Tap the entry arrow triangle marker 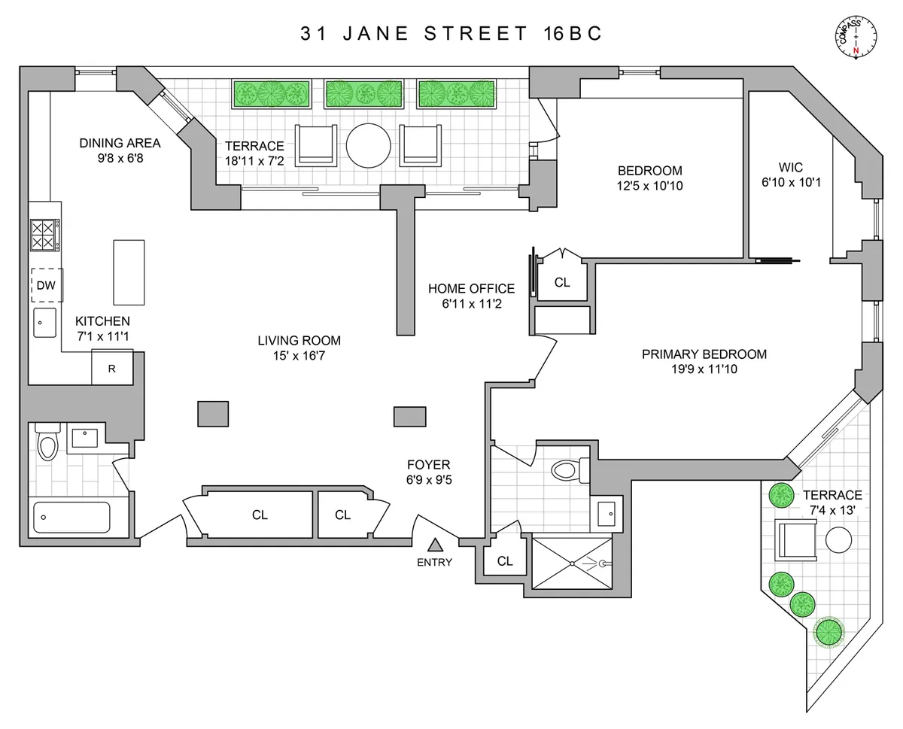[x=435, y=545]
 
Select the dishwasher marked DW [x=47, y=285]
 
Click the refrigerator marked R [x=112, y=368]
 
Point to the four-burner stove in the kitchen [x=43, y=234]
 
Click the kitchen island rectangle [x=128, y=271]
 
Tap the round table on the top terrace [x=368, y=144]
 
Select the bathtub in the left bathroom [x=71, y=518]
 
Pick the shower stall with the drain [x=574, y=562]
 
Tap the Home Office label [x=471, y=288]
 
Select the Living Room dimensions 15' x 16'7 [x=299, y=355]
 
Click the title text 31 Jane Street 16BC [x=451, y=35]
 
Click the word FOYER [x=429, y=465]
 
